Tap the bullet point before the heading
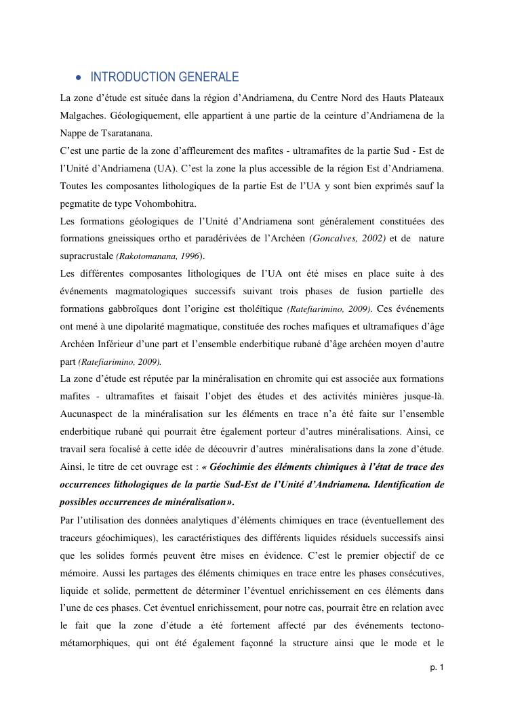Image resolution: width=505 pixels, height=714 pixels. tap(79, 77)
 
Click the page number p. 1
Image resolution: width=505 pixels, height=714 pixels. tap(437, 668)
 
